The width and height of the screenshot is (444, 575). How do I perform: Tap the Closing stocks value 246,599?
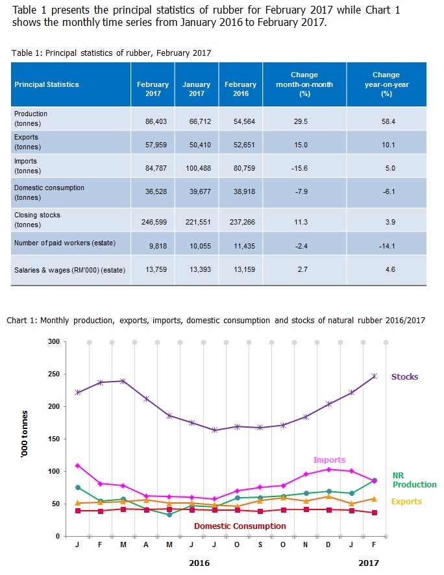pos(154,221)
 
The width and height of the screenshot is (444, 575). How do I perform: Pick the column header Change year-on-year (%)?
pos(386,84)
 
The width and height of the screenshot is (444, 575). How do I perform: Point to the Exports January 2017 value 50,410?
pos(197,145)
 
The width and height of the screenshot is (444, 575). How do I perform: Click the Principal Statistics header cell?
pos(47,84)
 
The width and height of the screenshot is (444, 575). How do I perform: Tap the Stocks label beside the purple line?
pos(404,376)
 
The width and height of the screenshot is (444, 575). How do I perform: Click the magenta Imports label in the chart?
pos(329,460)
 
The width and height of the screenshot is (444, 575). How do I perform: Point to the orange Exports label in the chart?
pos(406,501)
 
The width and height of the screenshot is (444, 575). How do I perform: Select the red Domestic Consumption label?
pos(240,526)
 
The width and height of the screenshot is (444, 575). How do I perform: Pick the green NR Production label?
pos(414,480)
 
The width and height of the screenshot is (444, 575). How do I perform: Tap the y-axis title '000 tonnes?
pos(25,439)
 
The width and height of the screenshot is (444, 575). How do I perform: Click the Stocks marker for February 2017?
pos(374,376)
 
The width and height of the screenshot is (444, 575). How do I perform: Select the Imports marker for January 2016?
pos(78,465)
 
